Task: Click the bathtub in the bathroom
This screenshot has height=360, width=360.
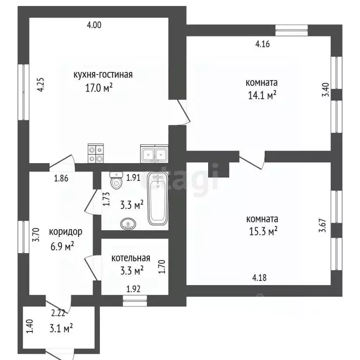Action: (x=157, y=199)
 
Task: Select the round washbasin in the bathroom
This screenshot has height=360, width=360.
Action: (x=128, y=224)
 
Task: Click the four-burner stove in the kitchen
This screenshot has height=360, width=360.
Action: (x=96, y=153)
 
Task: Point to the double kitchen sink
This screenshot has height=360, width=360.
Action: (x=154, y=154)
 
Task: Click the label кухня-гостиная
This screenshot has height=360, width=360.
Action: (x=103, y=75)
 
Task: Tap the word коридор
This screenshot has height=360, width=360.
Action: (x=66, y=232)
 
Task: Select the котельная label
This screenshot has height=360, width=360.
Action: (x=131, y=258)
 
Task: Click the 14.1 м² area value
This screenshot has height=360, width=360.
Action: (x=262, y=95)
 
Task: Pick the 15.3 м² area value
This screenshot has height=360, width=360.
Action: (x=263, y=231)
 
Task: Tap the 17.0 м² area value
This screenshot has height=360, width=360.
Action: (x=99, y=88)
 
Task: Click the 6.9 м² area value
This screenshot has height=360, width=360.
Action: (x=62, y=247)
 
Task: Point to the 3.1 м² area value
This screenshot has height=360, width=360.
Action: (x=61, y=328)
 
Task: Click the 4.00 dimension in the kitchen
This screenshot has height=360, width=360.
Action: (x=94, y=25)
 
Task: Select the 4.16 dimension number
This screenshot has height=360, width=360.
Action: (x=262, y=44)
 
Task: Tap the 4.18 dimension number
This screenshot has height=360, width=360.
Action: (x=259, y=278)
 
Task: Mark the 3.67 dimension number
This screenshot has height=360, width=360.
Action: (x=322, y=225)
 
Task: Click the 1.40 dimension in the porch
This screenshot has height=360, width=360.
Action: (x=30, y=326)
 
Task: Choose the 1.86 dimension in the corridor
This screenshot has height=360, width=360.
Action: (x=61, y=179)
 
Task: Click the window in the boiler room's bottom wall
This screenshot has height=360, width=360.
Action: (x=135, y=301)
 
